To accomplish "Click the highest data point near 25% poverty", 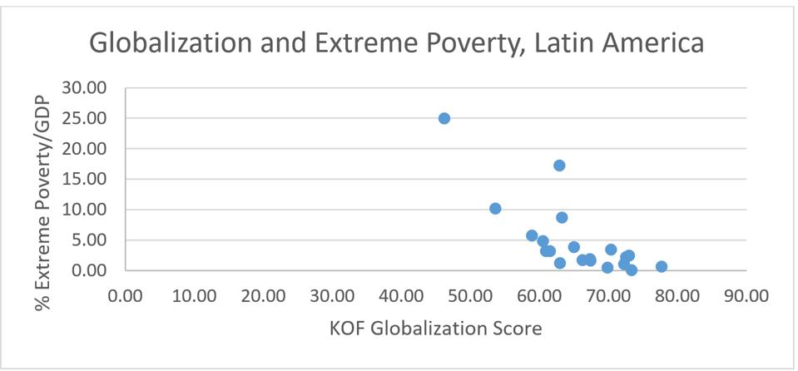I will [444, 118].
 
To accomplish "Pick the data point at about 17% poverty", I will [559, 166].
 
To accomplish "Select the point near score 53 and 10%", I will [495, 208].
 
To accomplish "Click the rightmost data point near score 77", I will [662, 267].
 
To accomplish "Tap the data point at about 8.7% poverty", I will [562, 217].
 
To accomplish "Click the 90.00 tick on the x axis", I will [746, 296].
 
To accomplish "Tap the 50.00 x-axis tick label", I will [471, 296].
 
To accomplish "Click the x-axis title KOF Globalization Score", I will [435, 328].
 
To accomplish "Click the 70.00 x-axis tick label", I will [608, 296].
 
